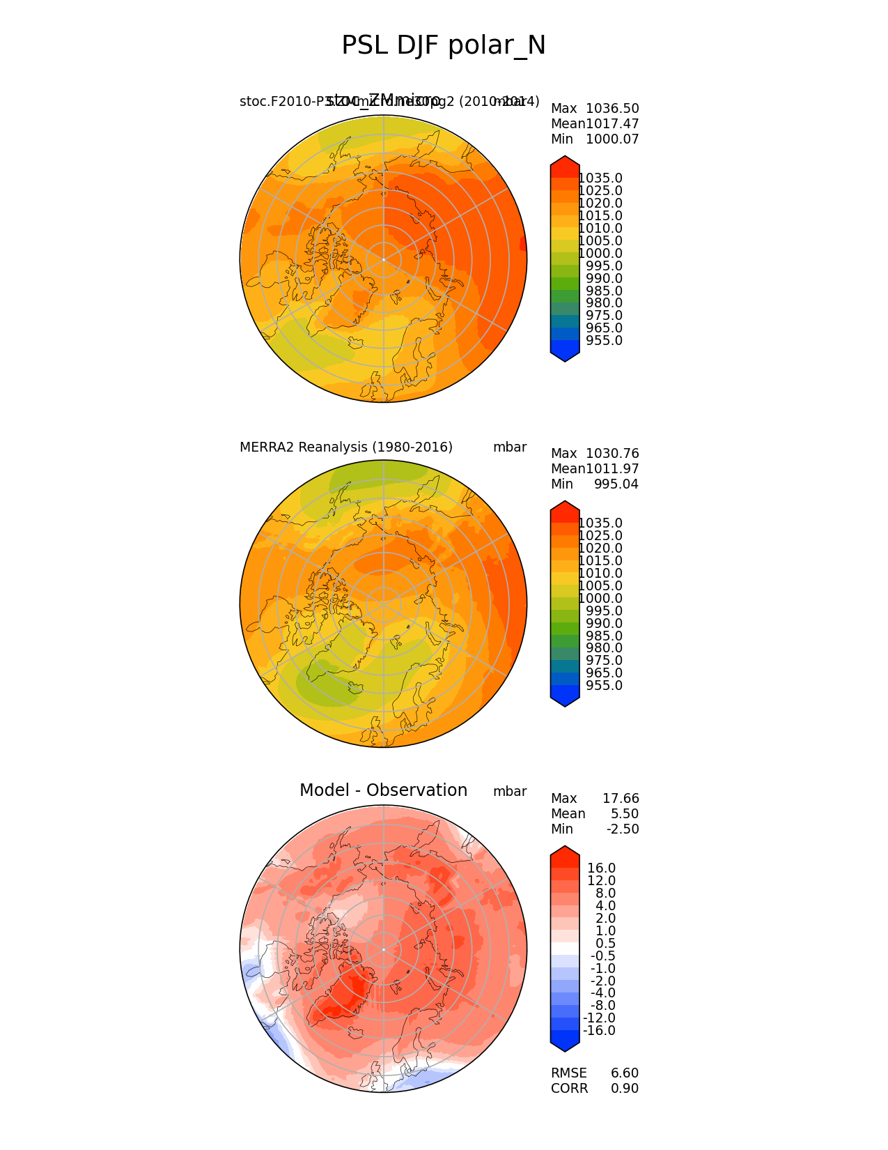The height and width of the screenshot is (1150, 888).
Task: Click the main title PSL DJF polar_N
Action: click(x=444, y=46)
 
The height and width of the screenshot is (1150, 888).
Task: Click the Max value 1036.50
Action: click(x=612, y=109)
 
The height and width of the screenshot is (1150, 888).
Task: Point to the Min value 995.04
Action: click(x=616, y=484)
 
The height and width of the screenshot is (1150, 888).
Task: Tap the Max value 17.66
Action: click(x=621, y=799)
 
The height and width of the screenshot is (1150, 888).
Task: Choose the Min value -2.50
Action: click(x=622, y=829)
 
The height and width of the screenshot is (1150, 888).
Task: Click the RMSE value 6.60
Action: click(x=625, y=1073)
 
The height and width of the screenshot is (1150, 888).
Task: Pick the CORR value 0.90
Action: click(x=625, y=1089)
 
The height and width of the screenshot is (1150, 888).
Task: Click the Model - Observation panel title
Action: click(x=383, y=790)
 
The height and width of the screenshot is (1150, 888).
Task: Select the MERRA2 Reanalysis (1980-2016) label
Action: click(x=346, y=447)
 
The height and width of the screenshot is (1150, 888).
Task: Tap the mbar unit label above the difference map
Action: click(x=510, y=792)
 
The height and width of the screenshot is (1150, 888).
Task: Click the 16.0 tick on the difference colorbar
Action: click(x=601, y=868)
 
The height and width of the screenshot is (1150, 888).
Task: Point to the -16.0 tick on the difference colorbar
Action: click(x=599, y=1031)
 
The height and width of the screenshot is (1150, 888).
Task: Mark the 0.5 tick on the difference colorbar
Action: click(x=605, y=944)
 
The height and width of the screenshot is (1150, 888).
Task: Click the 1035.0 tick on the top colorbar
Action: click(x=600, y=178)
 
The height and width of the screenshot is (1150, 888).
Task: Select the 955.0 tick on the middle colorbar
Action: click(x=604, y=686)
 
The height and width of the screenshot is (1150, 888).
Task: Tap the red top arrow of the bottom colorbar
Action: click(x=565, y=852)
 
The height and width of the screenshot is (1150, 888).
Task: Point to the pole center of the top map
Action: click(x=383, y=259)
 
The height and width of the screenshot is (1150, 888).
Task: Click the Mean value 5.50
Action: click(x=625, y=814)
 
